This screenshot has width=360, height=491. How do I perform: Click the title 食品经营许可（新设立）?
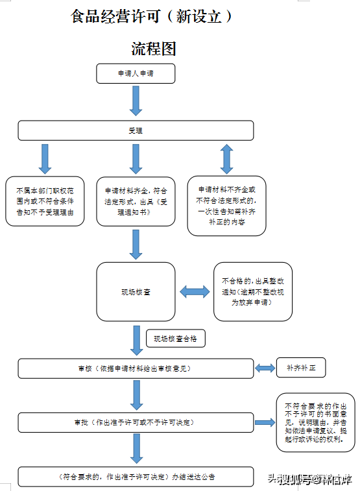click(152, 17)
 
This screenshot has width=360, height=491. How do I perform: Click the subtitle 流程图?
click(154, 49)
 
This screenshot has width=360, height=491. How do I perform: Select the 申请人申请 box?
click(136, 74)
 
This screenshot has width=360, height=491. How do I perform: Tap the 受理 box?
click(136, 130)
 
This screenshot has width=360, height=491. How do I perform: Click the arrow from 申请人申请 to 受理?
click(136, 100)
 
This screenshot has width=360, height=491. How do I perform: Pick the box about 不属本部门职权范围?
click(45, 201)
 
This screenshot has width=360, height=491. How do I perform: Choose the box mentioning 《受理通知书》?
click(136, 201)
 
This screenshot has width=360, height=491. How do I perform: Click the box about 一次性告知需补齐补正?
click(226, 206)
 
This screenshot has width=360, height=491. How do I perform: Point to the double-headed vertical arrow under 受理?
click(226, 158)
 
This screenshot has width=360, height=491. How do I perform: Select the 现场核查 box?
click(136, 293)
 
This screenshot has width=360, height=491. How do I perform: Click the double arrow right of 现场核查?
click(195, 293)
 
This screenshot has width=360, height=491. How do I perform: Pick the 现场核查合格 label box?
click(175, 339)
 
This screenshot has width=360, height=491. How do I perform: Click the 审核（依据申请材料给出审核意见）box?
click(136, 368)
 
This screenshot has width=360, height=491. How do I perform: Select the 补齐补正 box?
click(300, 367)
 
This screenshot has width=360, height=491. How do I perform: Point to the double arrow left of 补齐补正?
click(265, 368)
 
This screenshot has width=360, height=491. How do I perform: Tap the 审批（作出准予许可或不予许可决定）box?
click(136, 422)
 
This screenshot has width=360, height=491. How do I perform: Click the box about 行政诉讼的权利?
click(315, 422)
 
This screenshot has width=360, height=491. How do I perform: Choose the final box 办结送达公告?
click(136, 476)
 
